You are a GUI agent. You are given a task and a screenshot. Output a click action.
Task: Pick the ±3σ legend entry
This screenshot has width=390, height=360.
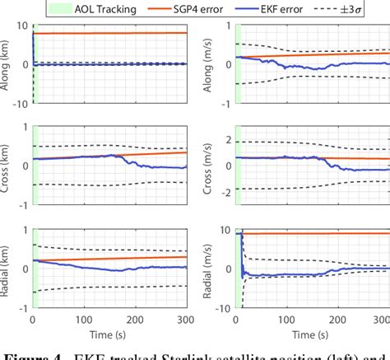[x=364, y=10]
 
